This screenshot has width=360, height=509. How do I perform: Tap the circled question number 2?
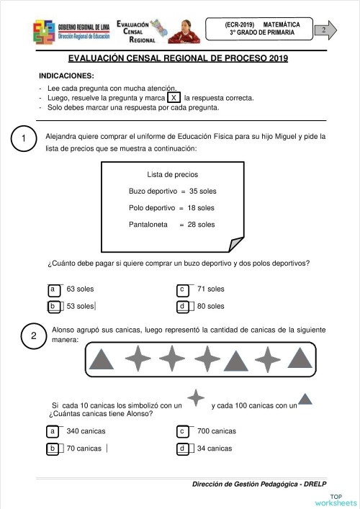tap(34, 336)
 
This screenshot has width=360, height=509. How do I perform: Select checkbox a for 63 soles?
tap(53, 289)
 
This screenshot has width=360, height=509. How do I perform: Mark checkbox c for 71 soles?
tap(183, 289)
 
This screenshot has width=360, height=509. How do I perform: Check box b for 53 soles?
tap(53, 307)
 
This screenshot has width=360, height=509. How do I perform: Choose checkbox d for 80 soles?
tap(183, 307)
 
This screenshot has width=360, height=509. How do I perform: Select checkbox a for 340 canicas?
tap(53, 431)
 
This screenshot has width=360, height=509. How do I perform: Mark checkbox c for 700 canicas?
tap(183, 431)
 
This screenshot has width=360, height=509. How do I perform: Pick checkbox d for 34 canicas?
tap(183, 449)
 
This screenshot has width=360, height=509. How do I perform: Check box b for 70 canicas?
tap(53, 449)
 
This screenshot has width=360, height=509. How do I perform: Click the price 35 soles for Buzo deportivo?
tap(202, 192)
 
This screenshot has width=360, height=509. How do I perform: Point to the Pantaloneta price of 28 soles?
tap(201, 225)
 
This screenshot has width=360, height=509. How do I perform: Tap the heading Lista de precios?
tap(172, 175)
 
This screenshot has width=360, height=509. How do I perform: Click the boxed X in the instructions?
tap(174, 98)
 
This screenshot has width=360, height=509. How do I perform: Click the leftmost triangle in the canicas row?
tap(104, 358)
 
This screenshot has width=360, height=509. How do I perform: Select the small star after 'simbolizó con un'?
tap(195, 398)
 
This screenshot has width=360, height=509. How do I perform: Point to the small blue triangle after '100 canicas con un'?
tap(305, 400)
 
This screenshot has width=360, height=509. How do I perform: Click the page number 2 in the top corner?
tap(325, 30)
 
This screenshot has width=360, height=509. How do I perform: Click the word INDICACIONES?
tap(66, 76)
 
